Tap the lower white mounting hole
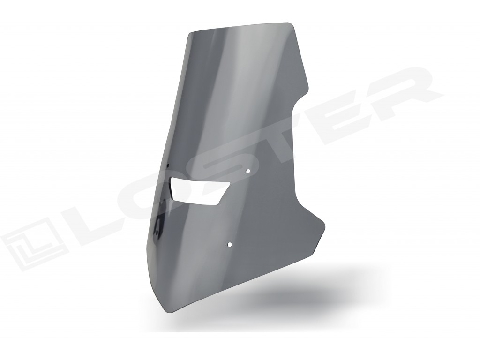coord(230,244)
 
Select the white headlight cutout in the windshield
coord(199,190)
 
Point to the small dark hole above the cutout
coord(168,165)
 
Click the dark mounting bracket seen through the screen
coord(159,225)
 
